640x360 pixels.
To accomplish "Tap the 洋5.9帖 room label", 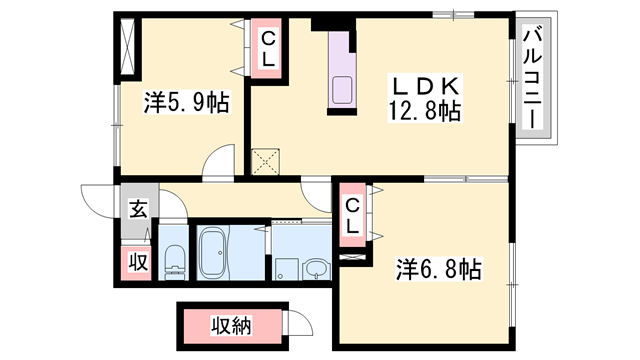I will (x=185, y=101).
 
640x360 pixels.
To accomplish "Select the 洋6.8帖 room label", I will (x=438, y=269).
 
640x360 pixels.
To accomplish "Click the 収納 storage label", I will (x=232, y=325).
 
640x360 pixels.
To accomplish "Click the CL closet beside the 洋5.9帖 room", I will (x=268, y=49).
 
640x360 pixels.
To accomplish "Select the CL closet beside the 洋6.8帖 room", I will (x=352, y=216).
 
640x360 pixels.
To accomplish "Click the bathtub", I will (x=214, y=254).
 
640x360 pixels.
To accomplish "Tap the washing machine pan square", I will (x=286, y=267).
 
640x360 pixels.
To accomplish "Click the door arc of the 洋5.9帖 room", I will (x=220, y=162).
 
